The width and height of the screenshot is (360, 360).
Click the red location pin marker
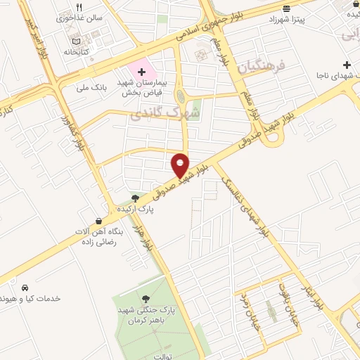[181, 165]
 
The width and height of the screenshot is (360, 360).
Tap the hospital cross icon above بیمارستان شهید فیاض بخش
[142, 72]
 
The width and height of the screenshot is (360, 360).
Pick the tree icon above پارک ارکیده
[135, 199]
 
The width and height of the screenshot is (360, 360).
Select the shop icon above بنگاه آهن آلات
[105, 219]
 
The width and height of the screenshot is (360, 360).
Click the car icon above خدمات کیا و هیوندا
[25, 288]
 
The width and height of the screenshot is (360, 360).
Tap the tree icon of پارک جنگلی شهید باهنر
[146, 299]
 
